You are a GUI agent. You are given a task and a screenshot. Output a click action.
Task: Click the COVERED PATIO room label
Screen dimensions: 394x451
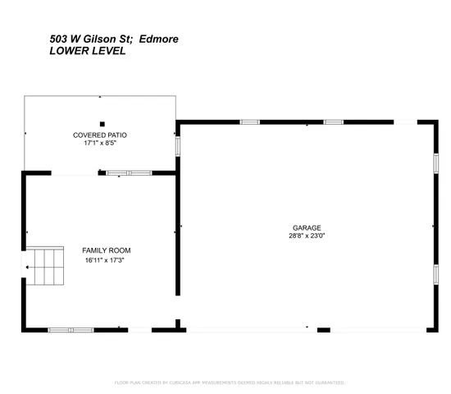[100, 135]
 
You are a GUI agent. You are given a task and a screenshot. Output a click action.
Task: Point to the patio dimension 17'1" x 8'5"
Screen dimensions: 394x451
[100, 143]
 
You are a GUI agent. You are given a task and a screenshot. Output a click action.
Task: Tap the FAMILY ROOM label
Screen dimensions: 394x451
[106, 250]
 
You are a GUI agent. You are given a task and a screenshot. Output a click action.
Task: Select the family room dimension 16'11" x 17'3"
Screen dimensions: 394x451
[106, 260]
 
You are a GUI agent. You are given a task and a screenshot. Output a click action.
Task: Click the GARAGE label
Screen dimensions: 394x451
[307, 227]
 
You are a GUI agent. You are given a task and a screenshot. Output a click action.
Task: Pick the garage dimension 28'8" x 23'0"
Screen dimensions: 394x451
[307, 236]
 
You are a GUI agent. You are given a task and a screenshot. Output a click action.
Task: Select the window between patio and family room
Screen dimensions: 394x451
[129, 172]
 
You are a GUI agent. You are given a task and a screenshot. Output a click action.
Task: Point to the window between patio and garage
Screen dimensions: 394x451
[176, 144]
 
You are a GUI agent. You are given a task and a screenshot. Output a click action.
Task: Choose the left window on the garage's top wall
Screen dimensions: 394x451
[249, 122]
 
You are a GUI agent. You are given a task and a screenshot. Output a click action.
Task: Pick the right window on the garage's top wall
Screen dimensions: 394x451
[332, 122]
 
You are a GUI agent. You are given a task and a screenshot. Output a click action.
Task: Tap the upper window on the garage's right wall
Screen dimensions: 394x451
[435, 162]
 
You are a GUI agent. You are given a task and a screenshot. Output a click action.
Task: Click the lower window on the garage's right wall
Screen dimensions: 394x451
[435, 273]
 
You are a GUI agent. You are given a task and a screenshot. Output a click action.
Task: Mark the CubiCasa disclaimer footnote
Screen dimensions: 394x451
[229, 383]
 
